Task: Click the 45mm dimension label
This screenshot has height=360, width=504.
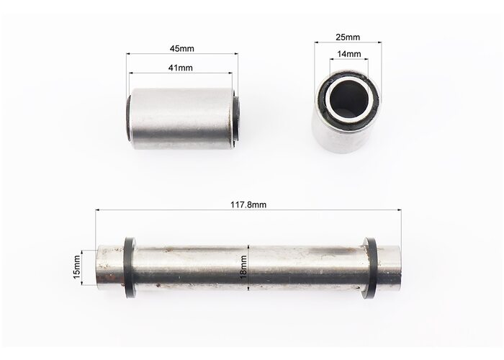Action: pos(181,48)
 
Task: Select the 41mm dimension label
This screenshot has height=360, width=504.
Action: pos(180,68)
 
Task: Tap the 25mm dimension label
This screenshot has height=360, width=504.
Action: pos(348,37)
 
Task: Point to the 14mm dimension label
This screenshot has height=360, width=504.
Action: pos(348,54)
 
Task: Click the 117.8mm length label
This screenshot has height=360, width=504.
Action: pos(248,204)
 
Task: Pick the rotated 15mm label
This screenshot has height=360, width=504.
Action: pos(77,267)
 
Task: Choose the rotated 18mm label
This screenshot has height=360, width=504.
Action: pos(243,266)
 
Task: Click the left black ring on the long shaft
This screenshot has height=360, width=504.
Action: pos(130,267)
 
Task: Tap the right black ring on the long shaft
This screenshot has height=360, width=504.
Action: pos(370,268)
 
